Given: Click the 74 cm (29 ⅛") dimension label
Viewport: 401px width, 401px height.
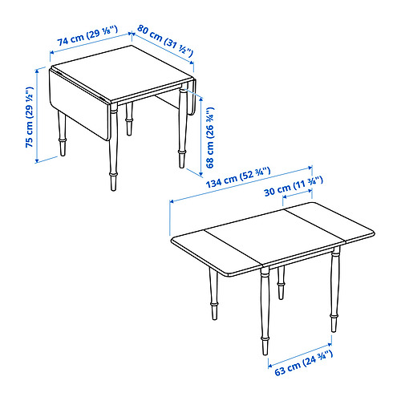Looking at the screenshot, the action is [87, 36].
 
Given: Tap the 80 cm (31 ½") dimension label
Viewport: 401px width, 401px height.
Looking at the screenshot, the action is [165, 40].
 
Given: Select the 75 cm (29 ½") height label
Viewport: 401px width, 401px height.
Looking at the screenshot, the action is [30, 117].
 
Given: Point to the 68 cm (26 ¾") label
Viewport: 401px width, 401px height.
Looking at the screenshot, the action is [210, 137].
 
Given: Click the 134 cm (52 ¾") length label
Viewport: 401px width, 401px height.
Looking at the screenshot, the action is [238, 177].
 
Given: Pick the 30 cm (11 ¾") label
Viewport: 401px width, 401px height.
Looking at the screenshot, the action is [294, 186].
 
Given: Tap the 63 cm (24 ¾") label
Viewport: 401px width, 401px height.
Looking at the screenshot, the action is [304, 363].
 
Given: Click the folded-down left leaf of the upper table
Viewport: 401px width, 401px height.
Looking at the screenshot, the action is [79, 103].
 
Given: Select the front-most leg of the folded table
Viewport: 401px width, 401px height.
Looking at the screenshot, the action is [113, 147].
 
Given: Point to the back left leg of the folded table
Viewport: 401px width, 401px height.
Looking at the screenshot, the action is [62, 133].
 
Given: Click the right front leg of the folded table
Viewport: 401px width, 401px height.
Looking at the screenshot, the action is [183, 125].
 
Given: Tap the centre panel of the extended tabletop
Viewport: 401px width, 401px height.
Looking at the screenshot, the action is [274, 235].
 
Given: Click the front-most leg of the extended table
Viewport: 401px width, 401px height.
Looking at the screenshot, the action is [265, 310].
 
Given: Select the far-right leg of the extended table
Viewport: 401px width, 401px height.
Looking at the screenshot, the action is [334, 290].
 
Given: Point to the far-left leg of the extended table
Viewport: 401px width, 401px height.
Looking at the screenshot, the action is [214, 294].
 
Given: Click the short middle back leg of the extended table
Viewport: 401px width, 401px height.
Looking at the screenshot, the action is [281, 282].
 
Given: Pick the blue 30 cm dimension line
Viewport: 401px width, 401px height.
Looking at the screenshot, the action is [298, 194].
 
